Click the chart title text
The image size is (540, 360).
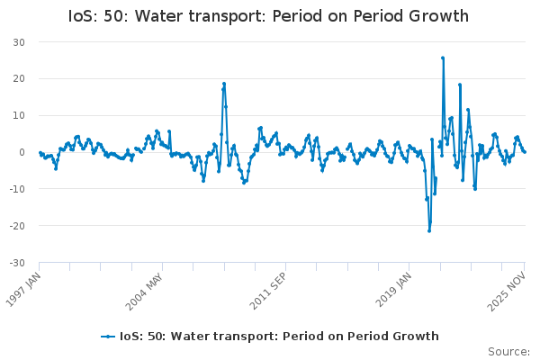tap(269, 16)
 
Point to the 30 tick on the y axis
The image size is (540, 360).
tap(19, 42)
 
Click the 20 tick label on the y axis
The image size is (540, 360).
tap(19, 79)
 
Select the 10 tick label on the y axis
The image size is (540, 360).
tap(19, 116)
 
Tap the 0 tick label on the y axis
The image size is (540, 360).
tap(22, 153)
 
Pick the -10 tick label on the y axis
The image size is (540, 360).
tap(17, 190)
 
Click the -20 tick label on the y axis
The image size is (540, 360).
tap(17, 227)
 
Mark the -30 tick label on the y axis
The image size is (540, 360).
tap(17, 264)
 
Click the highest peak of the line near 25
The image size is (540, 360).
tap(443, 58)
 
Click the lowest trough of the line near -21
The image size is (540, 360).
tap(429, 230)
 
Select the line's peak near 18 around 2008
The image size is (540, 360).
tap(224, 84)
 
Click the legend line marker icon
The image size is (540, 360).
tap(108, 337)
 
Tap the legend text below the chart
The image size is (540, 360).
tap(279, 337)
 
